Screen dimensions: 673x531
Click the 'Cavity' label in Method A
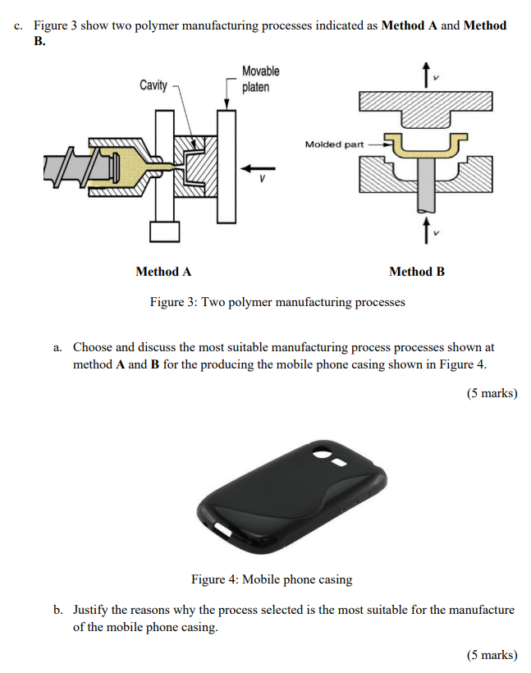[x=153, y=85]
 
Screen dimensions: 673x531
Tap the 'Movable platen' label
[x=260, y=80]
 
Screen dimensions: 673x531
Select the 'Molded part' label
[x=333, y=144]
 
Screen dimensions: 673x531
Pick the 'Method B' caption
[x=417, y=272]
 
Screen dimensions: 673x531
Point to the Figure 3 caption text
[x=277, y=302]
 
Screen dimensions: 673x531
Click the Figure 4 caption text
[x=272, y=579]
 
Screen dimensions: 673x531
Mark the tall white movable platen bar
[x=227, y=164]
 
